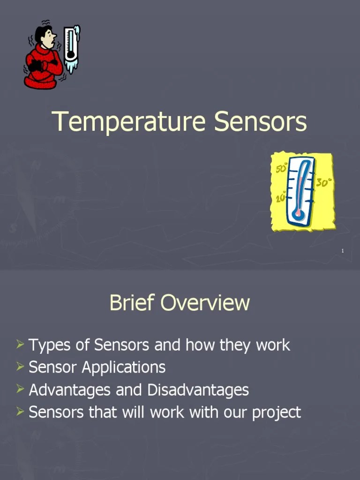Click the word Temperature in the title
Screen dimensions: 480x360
[x=128, y=122]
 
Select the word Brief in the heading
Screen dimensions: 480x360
[x=133, y=302]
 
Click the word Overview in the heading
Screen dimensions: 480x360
[x=205, y=302]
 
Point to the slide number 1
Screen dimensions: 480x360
[x=343, y=252]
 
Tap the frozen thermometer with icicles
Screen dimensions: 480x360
[x=72, y=49]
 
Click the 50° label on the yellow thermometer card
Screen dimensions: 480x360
[x=281, y=167]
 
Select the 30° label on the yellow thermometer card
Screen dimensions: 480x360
[x=323, y=182]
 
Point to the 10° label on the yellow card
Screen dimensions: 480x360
[x=281, y=198]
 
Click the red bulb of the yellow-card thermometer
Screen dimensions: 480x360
[x=298, y=214]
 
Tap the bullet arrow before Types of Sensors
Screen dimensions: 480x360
[x=20, y=345]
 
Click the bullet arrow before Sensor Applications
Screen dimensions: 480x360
[x=20, y=367]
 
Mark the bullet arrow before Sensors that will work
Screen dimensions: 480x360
[x=20, y=412]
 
